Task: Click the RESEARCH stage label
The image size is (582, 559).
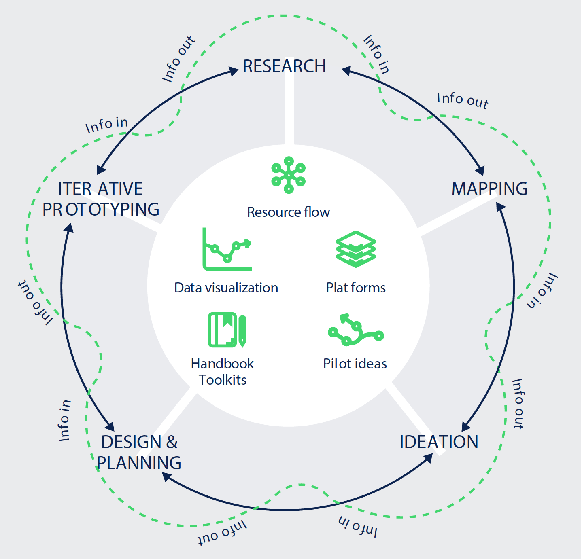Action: [284, 66]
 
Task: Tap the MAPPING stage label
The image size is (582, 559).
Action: [489, 189]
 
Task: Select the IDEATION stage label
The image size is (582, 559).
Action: [439, 442]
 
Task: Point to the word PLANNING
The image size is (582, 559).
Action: [139, 463]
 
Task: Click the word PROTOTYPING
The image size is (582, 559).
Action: [101, 210]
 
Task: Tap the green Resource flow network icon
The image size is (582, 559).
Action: [289, 175]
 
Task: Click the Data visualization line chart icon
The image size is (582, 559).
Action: [227, 249]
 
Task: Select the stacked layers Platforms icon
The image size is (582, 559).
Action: [356, 249]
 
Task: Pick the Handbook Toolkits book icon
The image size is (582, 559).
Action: [227, 330]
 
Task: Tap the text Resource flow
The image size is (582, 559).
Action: [288, 212]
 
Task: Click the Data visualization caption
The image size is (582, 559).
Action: [226, 288]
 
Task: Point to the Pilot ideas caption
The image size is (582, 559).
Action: [355, 364]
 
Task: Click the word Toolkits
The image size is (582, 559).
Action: [223, 380]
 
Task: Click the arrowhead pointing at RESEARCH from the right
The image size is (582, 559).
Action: [346, 71]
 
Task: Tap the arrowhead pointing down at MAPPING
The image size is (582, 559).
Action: [480, 170]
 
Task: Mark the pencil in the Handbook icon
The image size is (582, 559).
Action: [242, 331]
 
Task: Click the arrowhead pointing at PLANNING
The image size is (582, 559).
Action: [166, 476]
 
